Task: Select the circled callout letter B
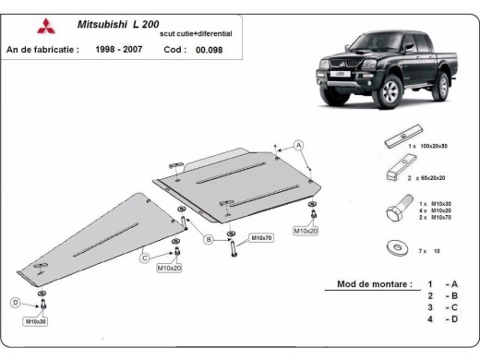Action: pyautogui.click(x=209, y=239)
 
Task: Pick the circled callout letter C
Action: pyautogui.click(x=144, y=258)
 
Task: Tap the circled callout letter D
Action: pyautogui.click(x=15, y=302)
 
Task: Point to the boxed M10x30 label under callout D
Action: pyautogui.click(x=36, y=321)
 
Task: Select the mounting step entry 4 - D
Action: pyautogui.click(x=441, y=318)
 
